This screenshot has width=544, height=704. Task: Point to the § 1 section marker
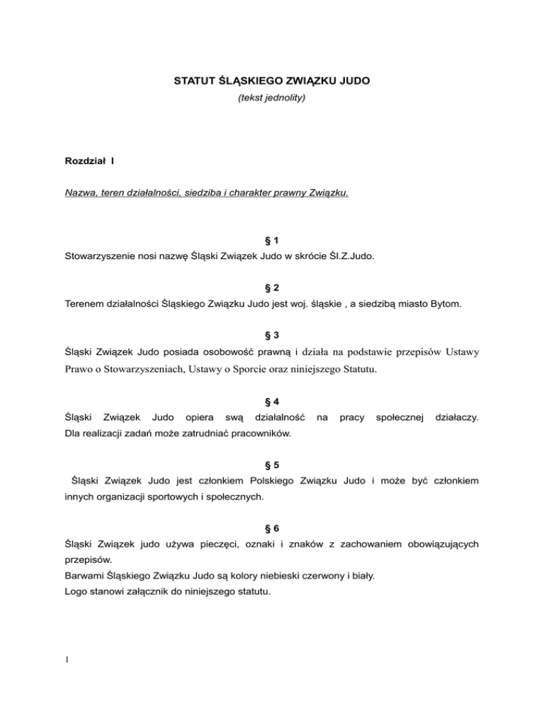272,242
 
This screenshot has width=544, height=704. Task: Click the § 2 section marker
272,288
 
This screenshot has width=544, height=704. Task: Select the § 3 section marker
272,334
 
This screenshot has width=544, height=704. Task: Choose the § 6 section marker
272,528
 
